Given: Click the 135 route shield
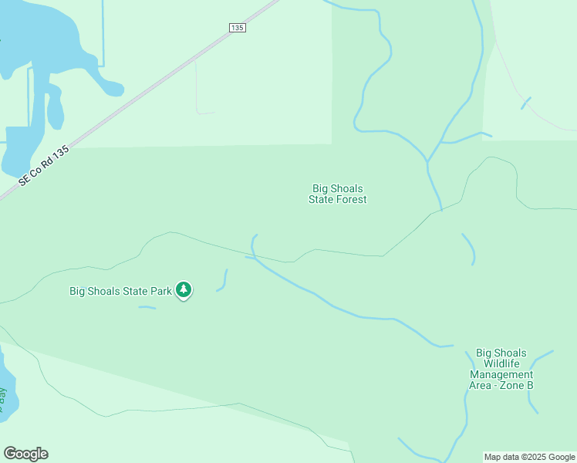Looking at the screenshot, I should (x=237, y=27).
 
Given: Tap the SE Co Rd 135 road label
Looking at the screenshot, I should (x=44, y=166).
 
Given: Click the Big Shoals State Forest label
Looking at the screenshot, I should (x=337, y=194).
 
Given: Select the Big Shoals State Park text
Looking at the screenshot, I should (x=120, y=291).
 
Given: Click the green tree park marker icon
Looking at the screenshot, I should (x=184, y=290).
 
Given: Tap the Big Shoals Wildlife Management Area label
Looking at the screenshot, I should (x=501, y=369).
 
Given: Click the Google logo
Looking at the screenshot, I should (x=25, y=453).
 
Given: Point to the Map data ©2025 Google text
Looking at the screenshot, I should (x=529, y=457).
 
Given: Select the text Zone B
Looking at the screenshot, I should (x=518, y=385).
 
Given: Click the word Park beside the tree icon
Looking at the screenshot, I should (x=160, y=291).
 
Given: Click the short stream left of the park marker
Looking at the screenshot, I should (x=147, y=308).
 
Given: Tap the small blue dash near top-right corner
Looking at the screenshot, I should (x=526, y=103).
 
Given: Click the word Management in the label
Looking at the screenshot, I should (x=501, y=374).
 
